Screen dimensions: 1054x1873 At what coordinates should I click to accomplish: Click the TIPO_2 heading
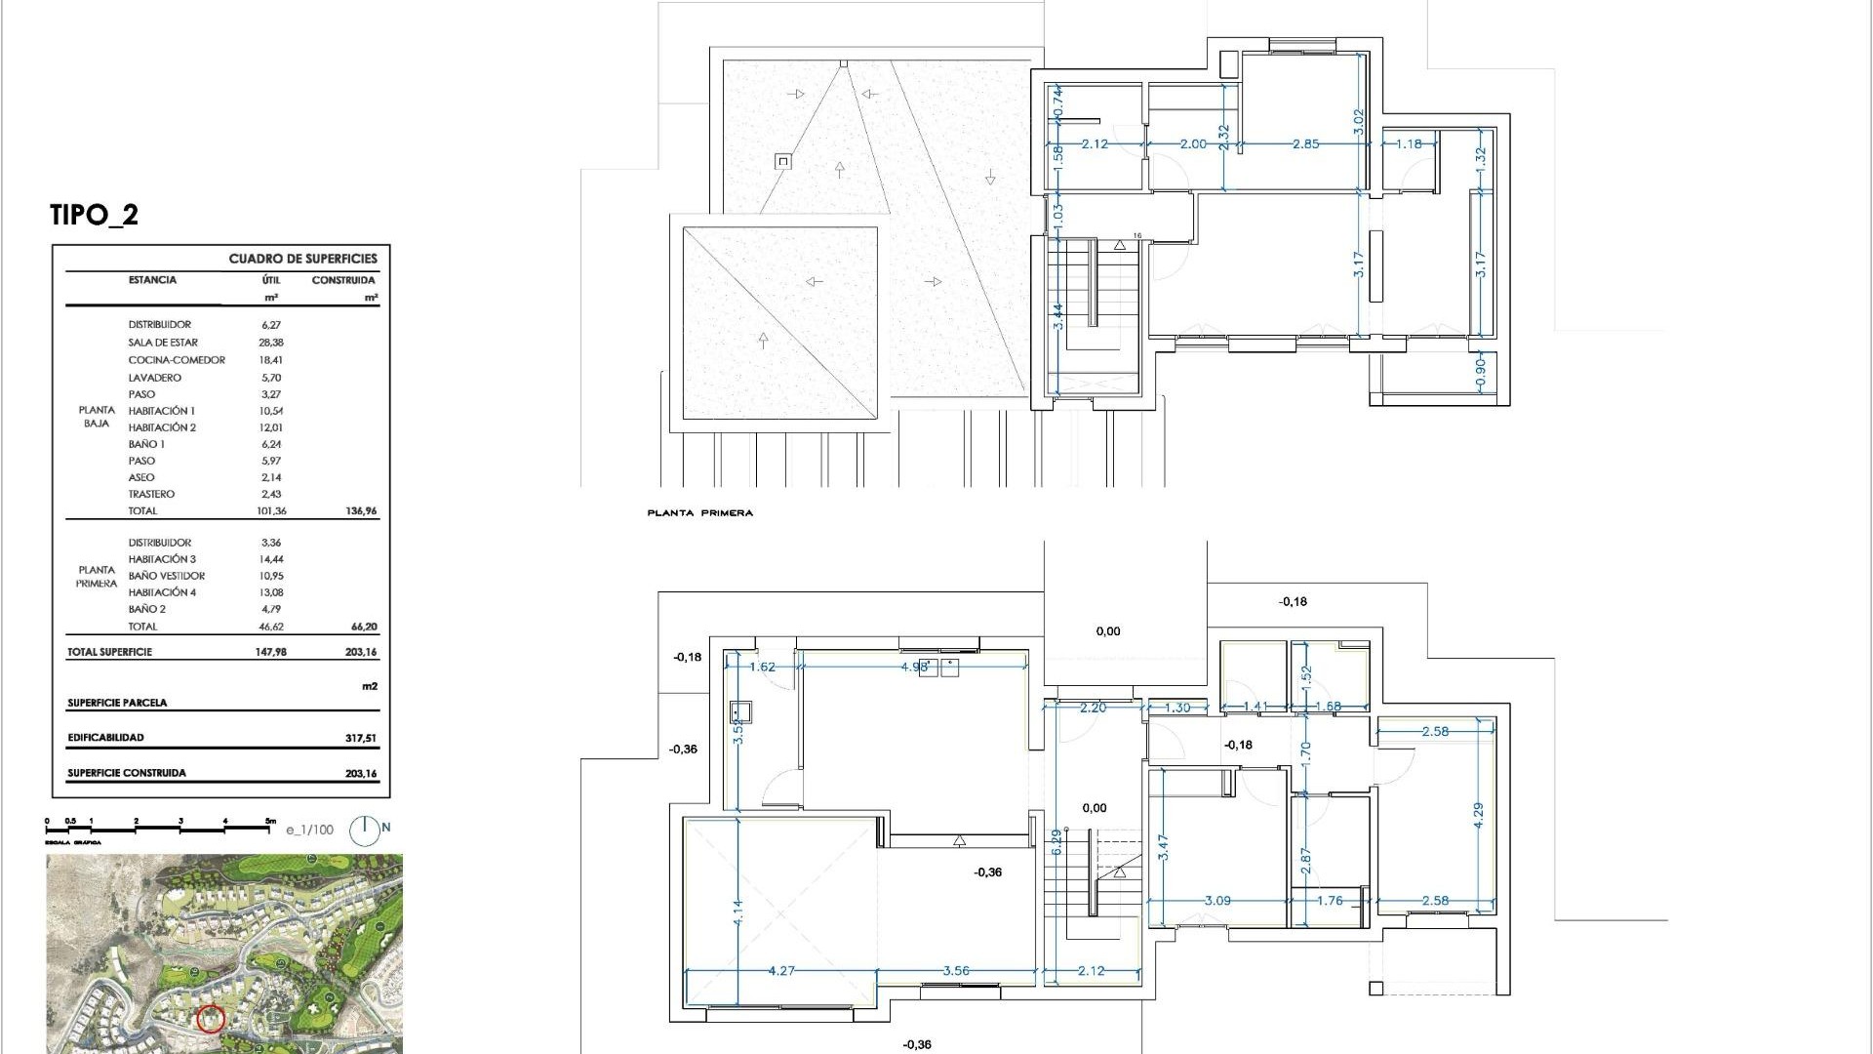[94, 215]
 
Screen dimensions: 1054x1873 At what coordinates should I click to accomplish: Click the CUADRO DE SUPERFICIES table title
[302, 259]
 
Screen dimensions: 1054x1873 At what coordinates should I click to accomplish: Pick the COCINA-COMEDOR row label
[177, 360]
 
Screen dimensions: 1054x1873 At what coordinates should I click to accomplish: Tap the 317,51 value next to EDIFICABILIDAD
[360, 739]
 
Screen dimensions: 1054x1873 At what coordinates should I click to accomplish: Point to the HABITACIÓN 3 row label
[162, 559]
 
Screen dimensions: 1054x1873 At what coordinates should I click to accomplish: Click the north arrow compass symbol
[365, 830]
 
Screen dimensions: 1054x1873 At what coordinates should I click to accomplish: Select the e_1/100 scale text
[309, 831]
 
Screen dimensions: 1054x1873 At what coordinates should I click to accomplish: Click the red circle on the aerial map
[211, 1020]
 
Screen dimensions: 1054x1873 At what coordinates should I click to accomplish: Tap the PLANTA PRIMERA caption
[699, 513]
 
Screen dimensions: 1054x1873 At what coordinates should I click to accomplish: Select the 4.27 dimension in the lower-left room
[781, 971]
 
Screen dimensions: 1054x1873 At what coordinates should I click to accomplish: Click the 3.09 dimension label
[1216, 901]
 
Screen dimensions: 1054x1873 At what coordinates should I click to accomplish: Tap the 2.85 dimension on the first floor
[1305, 144]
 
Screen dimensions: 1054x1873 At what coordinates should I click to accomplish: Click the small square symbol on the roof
[782, 161]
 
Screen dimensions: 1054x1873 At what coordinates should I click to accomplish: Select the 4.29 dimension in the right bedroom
[1478, 816]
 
